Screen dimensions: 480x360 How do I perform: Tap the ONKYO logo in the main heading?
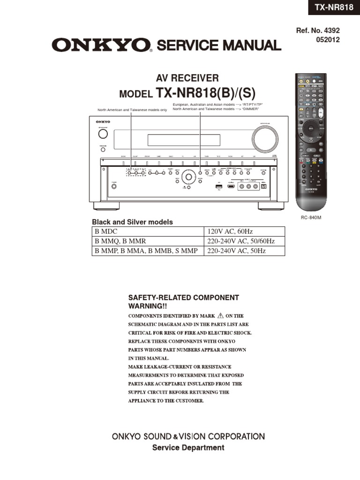[x=102, y=45]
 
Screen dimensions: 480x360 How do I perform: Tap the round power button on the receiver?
[x=103, y=134]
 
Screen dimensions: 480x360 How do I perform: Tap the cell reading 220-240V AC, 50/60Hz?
[x=240, y=241]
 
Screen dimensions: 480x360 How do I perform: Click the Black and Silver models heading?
[x=132, y=222]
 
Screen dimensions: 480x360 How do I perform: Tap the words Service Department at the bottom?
[x=188, y=448]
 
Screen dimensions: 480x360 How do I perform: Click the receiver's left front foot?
[x=106, y=205]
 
